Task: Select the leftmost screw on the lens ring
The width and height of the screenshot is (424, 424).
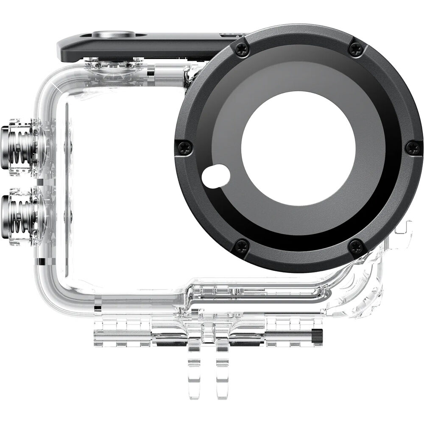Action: [x=185, y=148]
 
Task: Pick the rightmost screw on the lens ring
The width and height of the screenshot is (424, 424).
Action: [x=413, y=148]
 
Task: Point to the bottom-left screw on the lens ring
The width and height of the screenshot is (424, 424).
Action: [x=242, y=247]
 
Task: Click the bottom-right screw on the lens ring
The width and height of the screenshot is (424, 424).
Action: [x=356, y=247]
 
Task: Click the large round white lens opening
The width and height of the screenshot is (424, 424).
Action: [x=298, y=148]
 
